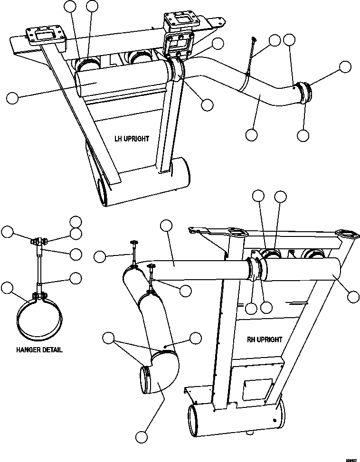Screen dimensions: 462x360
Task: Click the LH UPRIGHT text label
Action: tap(132, 139)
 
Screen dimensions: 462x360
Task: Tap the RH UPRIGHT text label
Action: tap(265, 339)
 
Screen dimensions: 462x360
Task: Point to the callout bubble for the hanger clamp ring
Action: tap(7, 287)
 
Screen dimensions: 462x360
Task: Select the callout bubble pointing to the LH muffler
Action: tap(12, 98)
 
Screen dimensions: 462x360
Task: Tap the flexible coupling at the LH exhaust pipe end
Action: tap(304, 93)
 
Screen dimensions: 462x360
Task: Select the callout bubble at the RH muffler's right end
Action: tap(353, 297)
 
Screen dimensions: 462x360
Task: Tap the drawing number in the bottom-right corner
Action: tap(351, 459)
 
